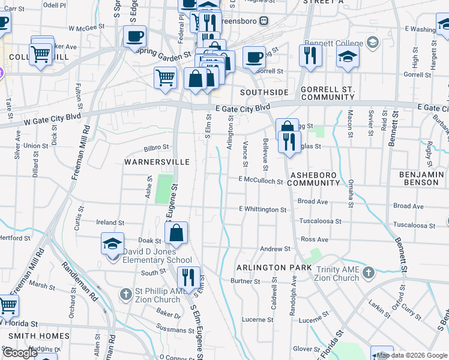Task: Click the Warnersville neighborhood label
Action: click(157, 162)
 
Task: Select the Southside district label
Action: click(264, 92)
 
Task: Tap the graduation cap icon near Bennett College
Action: click(348, 58)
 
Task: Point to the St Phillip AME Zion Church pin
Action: click(125, 294)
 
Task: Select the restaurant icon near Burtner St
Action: click(188, 277)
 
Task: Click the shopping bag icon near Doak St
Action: click(176, 233)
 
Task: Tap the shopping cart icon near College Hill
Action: click(41, 55)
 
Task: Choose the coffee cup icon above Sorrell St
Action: click(255, 58)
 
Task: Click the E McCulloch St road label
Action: click(260, 180)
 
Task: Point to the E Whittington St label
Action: click(262, 209)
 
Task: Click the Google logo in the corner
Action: click(20, 353)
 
